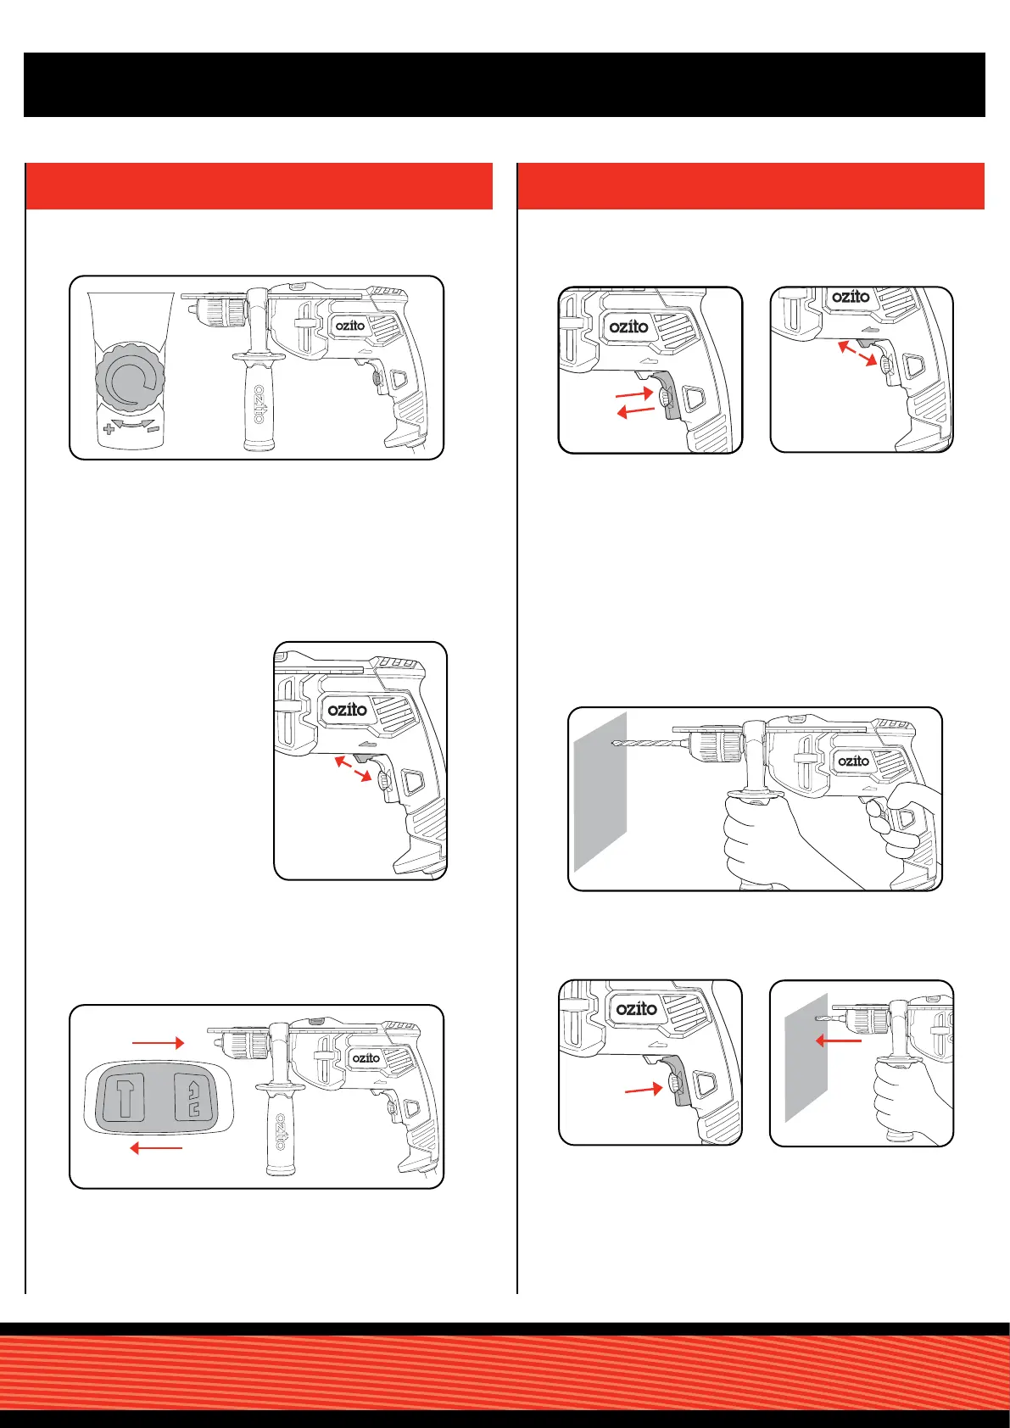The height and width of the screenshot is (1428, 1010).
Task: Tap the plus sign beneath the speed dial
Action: tap(108, 430)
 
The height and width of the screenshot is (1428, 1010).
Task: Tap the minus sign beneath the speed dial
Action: tap(153, 429)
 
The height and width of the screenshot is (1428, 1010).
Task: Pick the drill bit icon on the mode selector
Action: tap(193, 1097)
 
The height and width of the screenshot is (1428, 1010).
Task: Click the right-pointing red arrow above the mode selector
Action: tap(158, 1042)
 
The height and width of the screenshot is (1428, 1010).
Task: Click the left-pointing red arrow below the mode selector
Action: tap(155, 1148)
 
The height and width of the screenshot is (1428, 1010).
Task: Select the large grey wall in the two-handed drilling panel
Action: tap(600, 792)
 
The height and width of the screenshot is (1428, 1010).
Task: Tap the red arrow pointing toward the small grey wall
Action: tap(839, 1040)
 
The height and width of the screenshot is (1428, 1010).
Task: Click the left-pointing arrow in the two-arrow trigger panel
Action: tap(636, 412)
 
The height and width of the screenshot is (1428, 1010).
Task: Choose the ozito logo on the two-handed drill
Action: tap(853, 761)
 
